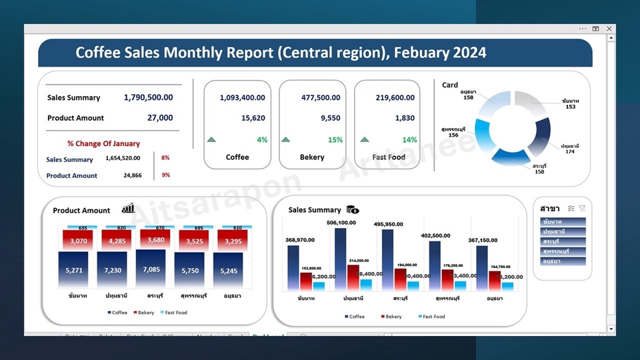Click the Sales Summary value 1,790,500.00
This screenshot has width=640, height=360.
[x=148, y=97]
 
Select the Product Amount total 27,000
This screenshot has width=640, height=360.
[x=160, y=118]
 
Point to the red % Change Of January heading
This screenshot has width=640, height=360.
[x=103, y=143]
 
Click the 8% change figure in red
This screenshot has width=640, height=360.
[x=165, y=158]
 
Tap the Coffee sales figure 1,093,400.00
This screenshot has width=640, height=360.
[x=242, y=97]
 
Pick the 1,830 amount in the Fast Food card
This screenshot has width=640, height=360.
[x=405, y=118]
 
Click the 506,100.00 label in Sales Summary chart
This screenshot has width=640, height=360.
[x=341, y=223]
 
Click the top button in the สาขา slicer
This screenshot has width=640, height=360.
[x=563, y=221]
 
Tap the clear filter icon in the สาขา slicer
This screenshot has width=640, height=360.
[x=582, y=208]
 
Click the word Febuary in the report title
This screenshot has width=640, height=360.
[x=418, y=53]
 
